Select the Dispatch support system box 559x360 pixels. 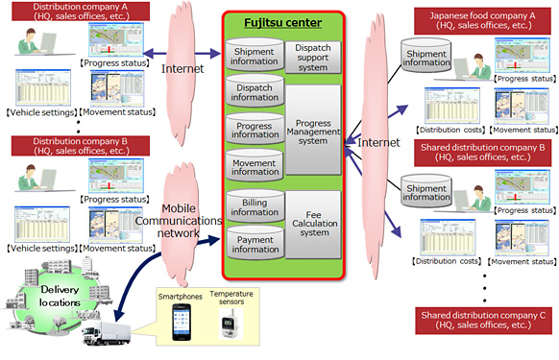pyautogui.click(x=312, y=58)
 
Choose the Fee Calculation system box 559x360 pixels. pyautogui.click(x=312, y=224)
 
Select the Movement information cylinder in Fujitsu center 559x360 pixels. pyautogui.click(x=253, y=166)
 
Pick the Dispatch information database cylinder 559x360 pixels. pyautogui.click(x=253, y=91)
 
